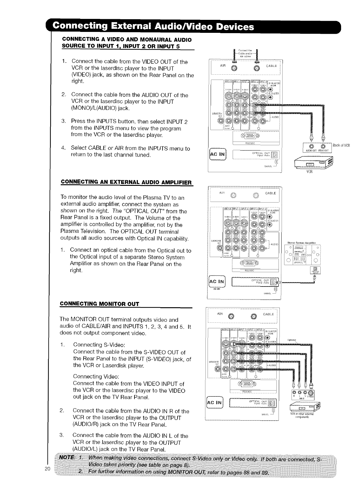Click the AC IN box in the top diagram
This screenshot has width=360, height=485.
coord(219,155)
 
